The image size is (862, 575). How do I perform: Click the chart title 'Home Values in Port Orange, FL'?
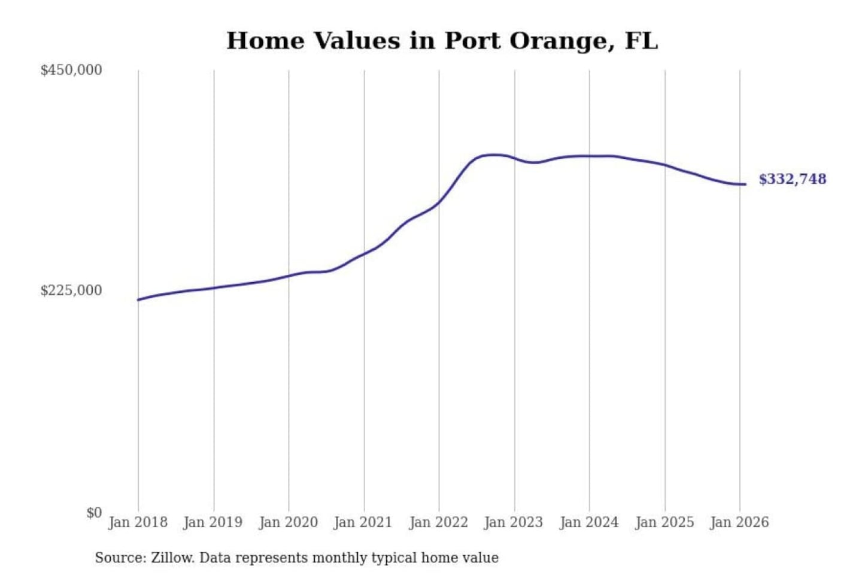[x=442, y=41]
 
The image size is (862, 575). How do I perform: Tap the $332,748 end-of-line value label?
[x=792, y=179]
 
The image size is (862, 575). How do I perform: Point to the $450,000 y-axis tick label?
[x=71, y=70]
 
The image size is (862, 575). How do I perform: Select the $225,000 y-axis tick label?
[x=71, y=290]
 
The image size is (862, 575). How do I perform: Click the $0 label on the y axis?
[x=94, y=513]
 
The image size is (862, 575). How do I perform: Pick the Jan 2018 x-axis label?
[x=138, y=522]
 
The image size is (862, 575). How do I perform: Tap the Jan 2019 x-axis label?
[x=213, y=522]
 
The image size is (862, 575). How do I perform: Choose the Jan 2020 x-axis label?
[x=288, y=522]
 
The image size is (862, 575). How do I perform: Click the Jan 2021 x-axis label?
[x=363, y=522]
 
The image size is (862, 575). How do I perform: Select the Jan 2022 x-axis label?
[x=438, y=522]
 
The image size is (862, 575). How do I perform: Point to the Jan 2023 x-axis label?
[x=513, y=522]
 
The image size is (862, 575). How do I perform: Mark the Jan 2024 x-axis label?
[x=588, y=522]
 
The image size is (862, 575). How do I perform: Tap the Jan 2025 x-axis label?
[x=664, y=522]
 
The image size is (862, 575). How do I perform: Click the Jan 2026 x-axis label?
[x=739, y=522]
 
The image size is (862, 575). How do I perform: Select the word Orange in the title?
[x=561, y=41]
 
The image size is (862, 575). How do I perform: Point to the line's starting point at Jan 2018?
[x=138, y=299]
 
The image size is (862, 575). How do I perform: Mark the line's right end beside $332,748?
[x=745, y=184]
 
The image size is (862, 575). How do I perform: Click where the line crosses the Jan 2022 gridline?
[x=439, y=202]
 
